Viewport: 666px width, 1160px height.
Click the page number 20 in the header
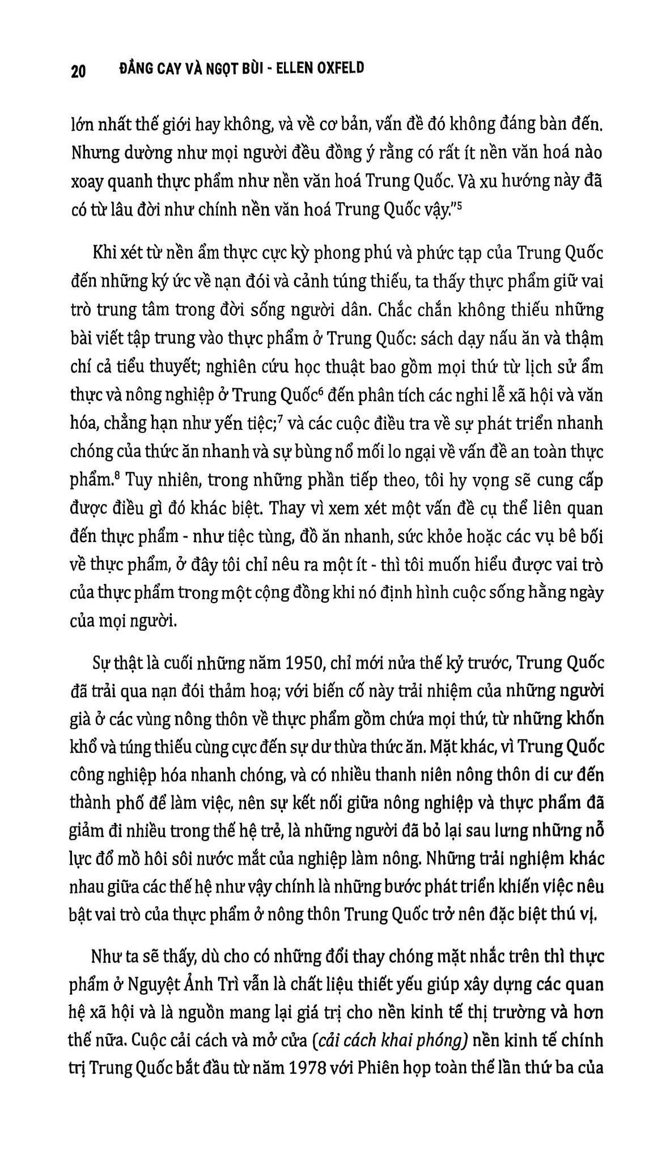tap(79, 71)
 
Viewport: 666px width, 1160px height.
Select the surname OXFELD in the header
tap(338, 69)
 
